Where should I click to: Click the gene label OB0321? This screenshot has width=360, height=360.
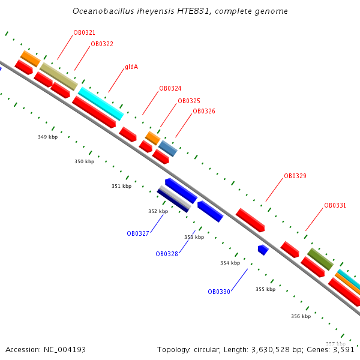84,32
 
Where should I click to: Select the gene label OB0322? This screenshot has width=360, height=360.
102,44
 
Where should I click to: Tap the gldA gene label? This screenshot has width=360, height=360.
131,67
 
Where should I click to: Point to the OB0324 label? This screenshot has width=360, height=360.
170,88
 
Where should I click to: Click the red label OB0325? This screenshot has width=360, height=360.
189,101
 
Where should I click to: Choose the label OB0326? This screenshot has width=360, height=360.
203,111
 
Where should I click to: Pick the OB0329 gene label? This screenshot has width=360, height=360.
295,176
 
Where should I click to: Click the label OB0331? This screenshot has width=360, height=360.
335,205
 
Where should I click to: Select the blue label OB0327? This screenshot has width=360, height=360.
138,233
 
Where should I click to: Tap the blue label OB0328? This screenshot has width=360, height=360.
167,254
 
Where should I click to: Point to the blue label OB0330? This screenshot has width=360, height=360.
219,292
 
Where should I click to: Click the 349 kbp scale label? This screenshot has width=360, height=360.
47,137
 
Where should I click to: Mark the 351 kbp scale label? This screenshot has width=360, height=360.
121,186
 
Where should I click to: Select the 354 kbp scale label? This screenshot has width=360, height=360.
230,263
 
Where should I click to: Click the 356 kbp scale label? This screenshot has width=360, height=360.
301,316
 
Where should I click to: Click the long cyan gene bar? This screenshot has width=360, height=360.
101,103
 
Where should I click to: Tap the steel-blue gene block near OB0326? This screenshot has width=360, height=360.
167,148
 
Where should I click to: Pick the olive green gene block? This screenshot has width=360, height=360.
320,259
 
